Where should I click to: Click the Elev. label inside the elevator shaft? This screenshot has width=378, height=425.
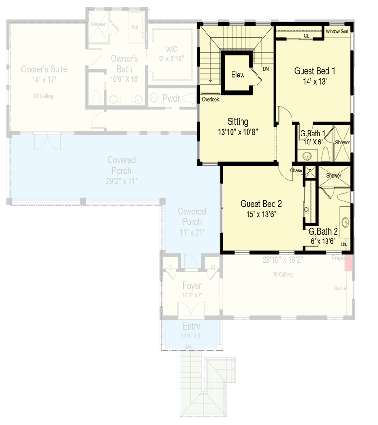[x=237, y=75]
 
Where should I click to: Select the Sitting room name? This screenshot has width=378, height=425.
[x=237, y=122]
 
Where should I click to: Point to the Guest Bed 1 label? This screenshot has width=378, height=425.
[x=314, y=71]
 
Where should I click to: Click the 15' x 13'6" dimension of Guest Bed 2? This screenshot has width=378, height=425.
[x=261, y=214]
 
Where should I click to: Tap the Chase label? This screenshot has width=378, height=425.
[x=296, y=170]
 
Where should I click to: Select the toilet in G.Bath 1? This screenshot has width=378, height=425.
[x=325, y=153]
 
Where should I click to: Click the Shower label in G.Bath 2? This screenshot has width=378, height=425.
[x=334, y=175]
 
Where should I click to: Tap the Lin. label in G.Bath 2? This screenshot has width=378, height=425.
[x=344, y=244]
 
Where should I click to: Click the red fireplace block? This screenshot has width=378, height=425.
[x=348, y=263]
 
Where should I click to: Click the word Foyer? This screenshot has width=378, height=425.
[x=192, y=286]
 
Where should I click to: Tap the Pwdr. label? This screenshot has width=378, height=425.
[x=172, y=99]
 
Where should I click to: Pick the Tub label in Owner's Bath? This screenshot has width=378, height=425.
[x=134, y=27]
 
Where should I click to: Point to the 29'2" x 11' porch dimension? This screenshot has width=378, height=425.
[x=121, y=181]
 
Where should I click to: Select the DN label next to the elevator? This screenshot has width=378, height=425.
[x=266, y=69]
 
